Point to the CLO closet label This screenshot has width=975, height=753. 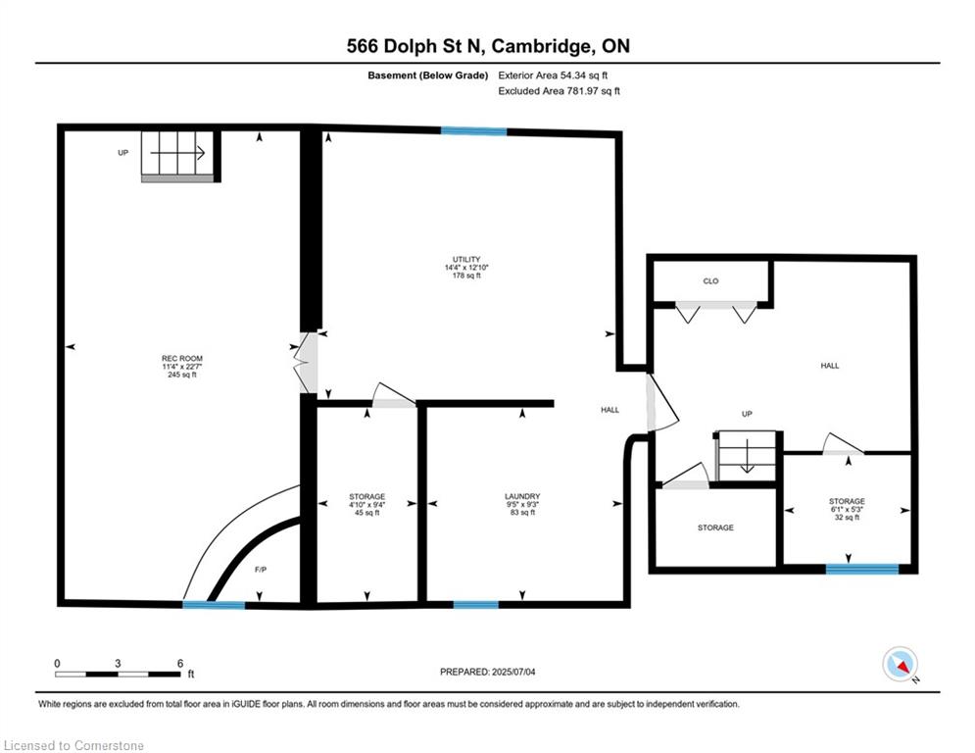710,281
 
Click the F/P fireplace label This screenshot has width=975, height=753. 261,570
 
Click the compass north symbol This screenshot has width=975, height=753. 901,665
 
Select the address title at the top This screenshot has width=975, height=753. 488,46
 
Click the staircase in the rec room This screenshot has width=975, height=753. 177,156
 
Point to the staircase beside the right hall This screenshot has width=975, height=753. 747,456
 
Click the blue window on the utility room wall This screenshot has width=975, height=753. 474,130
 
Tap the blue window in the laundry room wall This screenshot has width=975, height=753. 475,604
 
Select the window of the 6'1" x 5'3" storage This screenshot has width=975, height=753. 862,568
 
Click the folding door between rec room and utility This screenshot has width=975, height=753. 306,363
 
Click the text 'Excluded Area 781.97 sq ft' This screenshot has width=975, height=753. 559,91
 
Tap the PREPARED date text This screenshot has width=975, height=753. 488,672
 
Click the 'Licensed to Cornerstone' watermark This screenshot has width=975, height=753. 73,745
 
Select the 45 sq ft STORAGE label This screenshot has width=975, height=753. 366,505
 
